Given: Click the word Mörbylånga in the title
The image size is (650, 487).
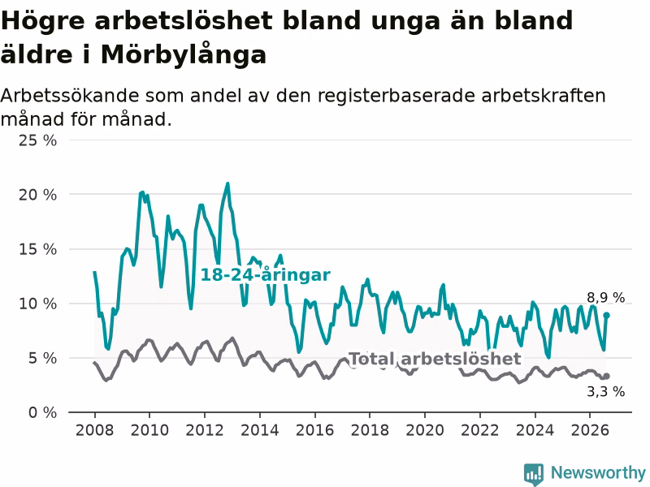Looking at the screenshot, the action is tap(184, 55).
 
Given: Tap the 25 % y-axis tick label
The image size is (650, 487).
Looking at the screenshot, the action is tap(37, 140).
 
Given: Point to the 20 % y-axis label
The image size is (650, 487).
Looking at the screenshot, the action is tap(37, 195).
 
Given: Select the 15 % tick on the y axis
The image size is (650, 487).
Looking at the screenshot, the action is tap(37, 249).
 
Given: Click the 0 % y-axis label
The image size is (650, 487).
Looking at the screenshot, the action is tap(43, 412).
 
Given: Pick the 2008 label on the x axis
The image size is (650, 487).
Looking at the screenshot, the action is tap(94, 430).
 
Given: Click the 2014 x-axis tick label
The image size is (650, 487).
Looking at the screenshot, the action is tap(260, 430).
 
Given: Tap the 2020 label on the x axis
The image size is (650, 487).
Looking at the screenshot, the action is tap(425, 430).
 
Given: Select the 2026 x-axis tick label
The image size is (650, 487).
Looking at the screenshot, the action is tap(590, 430).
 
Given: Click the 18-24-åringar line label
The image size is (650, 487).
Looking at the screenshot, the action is tap(266, 274).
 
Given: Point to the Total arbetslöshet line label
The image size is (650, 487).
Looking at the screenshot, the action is tap(435, 359).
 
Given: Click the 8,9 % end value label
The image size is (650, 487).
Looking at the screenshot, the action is tap(605, 297).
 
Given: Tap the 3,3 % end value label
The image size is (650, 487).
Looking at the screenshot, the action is tap(605, 391).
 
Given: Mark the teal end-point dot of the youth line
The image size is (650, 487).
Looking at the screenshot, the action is tap(606, 315).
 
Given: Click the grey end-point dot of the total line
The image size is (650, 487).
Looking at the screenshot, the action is tap(606, 376).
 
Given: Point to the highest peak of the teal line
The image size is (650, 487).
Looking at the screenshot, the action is tap(227, 183).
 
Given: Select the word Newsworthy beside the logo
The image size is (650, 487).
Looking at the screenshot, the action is tap(598, 472).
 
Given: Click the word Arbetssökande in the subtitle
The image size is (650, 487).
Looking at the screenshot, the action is tap(70, 96).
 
